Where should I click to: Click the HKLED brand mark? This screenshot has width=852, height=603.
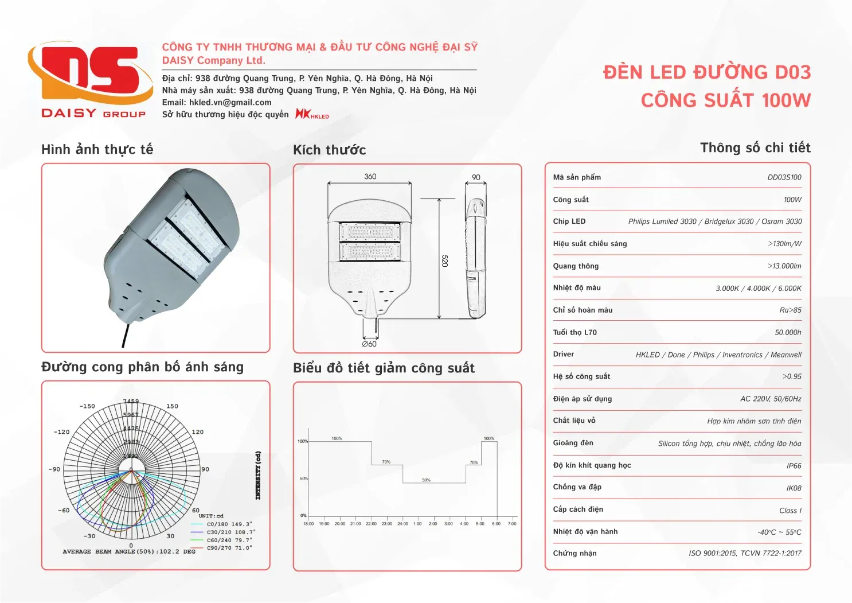point(312,114)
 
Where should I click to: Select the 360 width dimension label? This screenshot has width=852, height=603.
point(370,177)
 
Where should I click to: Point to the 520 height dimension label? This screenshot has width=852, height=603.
point(445,261)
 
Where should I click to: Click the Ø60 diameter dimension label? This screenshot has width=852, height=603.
point(369,344)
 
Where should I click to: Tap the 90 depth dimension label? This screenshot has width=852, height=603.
point(476,177)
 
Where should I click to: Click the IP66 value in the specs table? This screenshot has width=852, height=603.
point(794,466)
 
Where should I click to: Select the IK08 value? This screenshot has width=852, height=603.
point(794,488)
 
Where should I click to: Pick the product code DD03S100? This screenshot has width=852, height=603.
point(784,177)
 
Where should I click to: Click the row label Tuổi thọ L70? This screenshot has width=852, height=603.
point(574,332)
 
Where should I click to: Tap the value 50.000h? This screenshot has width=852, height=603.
point(788,333)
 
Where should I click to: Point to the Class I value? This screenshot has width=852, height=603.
point(790,511)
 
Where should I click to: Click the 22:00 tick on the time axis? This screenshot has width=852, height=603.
point(371,524)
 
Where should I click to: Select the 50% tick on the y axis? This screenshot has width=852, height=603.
point(303,478)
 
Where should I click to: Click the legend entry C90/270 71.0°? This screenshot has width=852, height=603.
point(229,548)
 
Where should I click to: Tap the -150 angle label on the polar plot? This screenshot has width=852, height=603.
point(87,406)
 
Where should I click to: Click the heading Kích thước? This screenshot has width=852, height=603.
point(329,150)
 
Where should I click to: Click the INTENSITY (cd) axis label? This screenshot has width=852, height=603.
point(258,475)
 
